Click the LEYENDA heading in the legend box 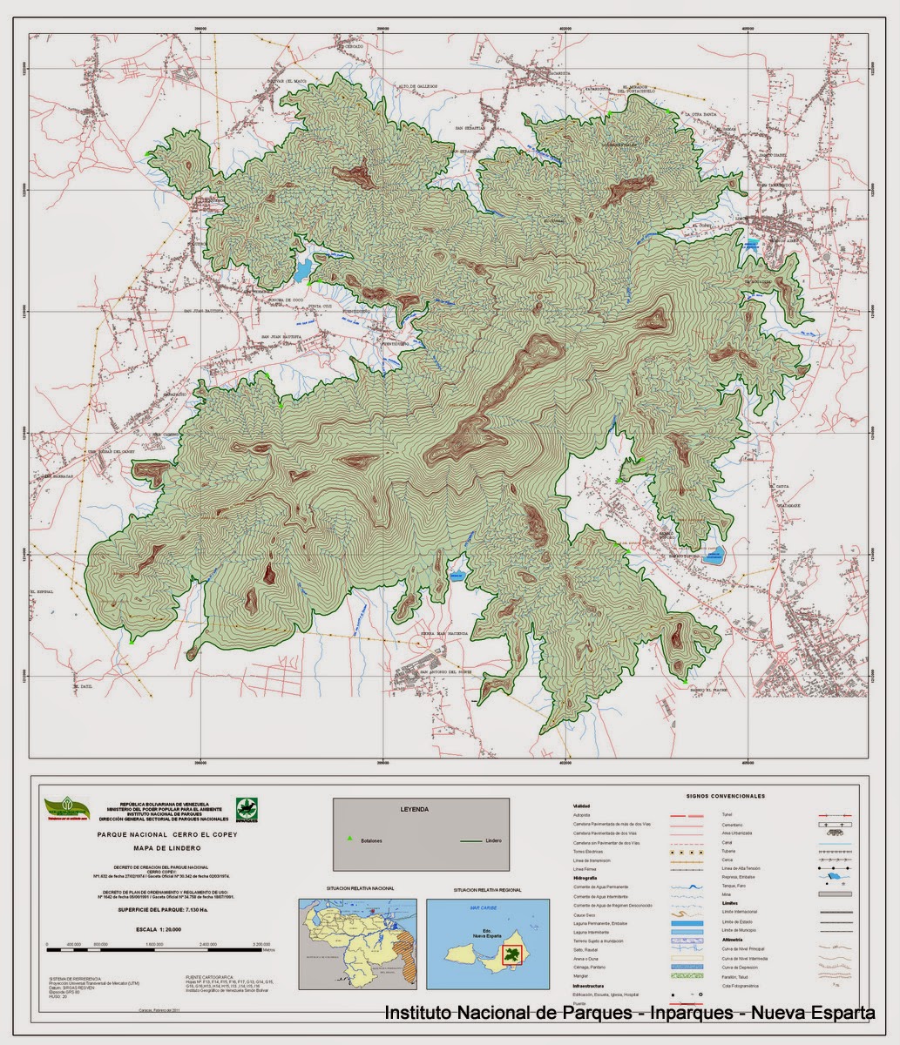tap(414, 809)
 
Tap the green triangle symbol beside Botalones tap(349, 839)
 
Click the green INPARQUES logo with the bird tap(247, 807)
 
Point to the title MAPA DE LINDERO tap(166, 848)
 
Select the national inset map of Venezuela tap(359, 944)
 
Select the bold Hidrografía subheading tap(585, 879)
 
